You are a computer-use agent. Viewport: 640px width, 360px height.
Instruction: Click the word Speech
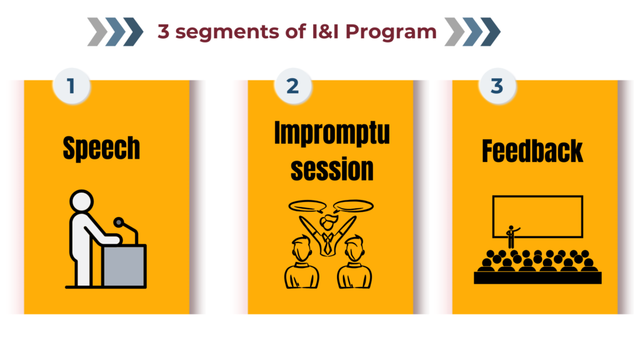101,149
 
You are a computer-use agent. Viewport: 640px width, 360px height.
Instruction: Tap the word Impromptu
332,133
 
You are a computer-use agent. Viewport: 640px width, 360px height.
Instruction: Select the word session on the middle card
332,169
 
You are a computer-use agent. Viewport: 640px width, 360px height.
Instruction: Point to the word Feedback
532,151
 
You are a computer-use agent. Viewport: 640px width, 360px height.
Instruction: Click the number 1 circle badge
71,86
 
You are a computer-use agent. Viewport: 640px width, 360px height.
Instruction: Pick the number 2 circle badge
292,86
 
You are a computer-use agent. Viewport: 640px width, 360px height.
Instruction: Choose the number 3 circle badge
497,86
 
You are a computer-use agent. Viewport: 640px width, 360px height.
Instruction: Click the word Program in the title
391,32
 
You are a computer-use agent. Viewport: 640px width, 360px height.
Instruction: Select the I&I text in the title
325,31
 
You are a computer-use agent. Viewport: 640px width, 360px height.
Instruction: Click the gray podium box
124,265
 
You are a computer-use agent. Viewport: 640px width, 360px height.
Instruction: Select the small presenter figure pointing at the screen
512,236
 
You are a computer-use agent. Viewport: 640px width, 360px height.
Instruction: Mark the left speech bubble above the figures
307,206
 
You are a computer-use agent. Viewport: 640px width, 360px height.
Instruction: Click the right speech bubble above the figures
354,206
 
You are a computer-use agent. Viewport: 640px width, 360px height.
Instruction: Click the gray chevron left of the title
97,32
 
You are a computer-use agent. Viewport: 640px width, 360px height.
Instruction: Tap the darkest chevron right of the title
490,32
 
